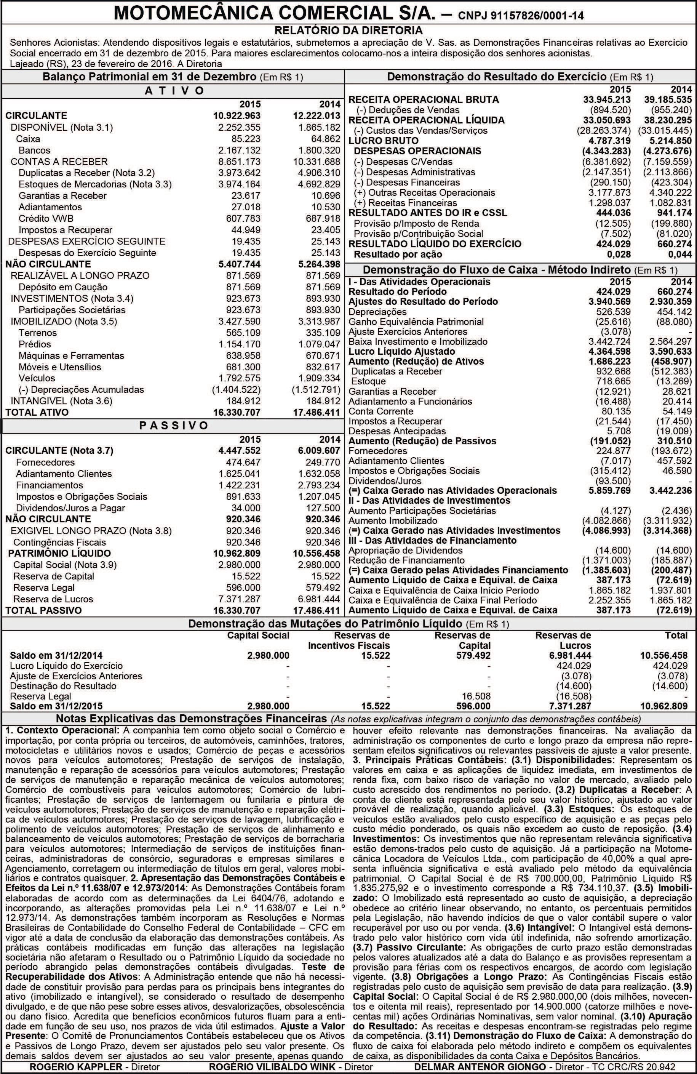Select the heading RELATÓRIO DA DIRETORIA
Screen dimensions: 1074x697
coord(348,31)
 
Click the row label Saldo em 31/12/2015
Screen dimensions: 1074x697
coord(56,706)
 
